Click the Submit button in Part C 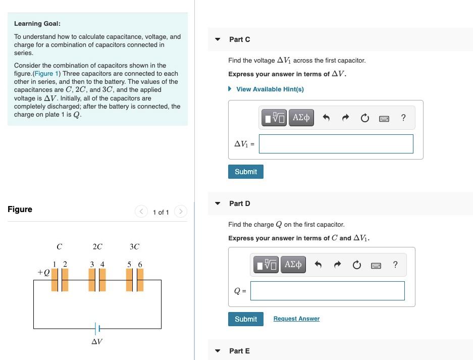(x=245, y=172)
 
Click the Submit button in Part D (x=245, y=319)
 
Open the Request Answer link (x=296, y=319)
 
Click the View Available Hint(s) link (x=270, y=89)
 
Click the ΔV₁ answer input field (x=336, y=144)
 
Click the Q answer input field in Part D (x=327, y=291)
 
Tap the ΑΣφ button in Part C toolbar (x=301, y=118)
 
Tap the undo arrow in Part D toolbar (x=318, y=265)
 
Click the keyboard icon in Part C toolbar (x=384, y=118)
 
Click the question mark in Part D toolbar (x=395, y=265)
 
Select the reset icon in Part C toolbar (x=364, y=118)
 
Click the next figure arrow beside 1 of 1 (x=180, y=212)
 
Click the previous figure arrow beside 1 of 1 (x=141, y=212)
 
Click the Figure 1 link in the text (x=46, y=74)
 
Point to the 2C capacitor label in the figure (x=97, y=247)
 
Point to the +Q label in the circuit (x=43, y=273)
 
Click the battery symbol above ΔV (x=97, y=329)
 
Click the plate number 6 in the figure (x=140, y=264)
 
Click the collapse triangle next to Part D (x=218, y=203)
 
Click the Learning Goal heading (x=37, y=24)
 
